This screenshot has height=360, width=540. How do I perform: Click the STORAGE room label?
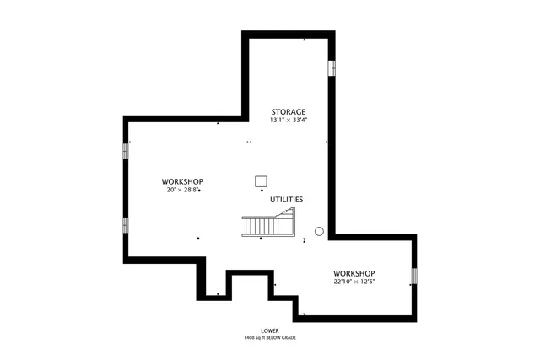click(288, 112)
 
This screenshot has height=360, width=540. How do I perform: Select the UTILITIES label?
click(287, 200)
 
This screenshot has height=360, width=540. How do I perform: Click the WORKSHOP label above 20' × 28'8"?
click(182, 181)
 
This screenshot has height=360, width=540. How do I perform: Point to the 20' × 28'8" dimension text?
click(182, 190)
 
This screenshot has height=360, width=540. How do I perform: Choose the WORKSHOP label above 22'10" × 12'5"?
click(354, 273)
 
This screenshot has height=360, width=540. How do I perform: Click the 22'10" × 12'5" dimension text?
click(354, 282)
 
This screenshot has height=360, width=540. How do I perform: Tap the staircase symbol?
click(269, 223)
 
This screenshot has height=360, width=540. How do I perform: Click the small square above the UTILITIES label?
click(261, 180)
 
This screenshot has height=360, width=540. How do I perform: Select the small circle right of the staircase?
click(319, 230)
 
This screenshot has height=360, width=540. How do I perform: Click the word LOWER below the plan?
click(270, 330)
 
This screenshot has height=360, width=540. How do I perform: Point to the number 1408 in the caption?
click(250, 337)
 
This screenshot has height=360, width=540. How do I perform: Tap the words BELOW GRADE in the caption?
click(284, 337)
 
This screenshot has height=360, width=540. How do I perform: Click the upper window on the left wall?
click(126, 149)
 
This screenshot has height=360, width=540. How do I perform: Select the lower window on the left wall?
click(126, 225)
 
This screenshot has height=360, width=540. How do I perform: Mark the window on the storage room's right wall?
click(332, 67)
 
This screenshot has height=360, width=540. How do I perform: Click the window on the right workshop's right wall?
click(414, 276)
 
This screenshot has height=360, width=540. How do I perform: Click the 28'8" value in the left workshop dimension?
click(190, 190)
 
